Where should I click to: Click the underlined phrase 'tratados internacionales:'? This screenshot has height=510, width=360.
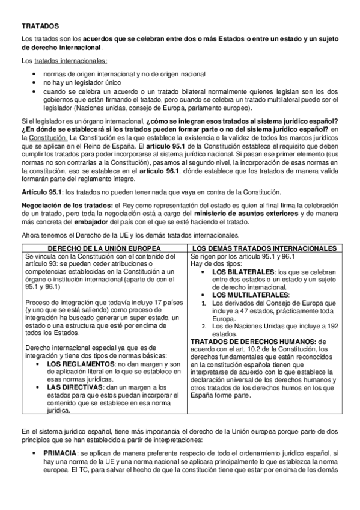(x=71, y=61)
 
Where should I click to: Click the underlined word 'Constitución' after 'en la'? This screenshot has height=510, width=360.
(x=46, y=137)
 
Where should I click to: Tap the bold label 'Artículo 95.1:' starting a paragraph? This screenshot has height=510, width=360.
(x=41, y=191)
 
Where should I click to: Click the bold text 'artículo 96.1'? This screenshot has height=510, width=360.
(x=160, y=171)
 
